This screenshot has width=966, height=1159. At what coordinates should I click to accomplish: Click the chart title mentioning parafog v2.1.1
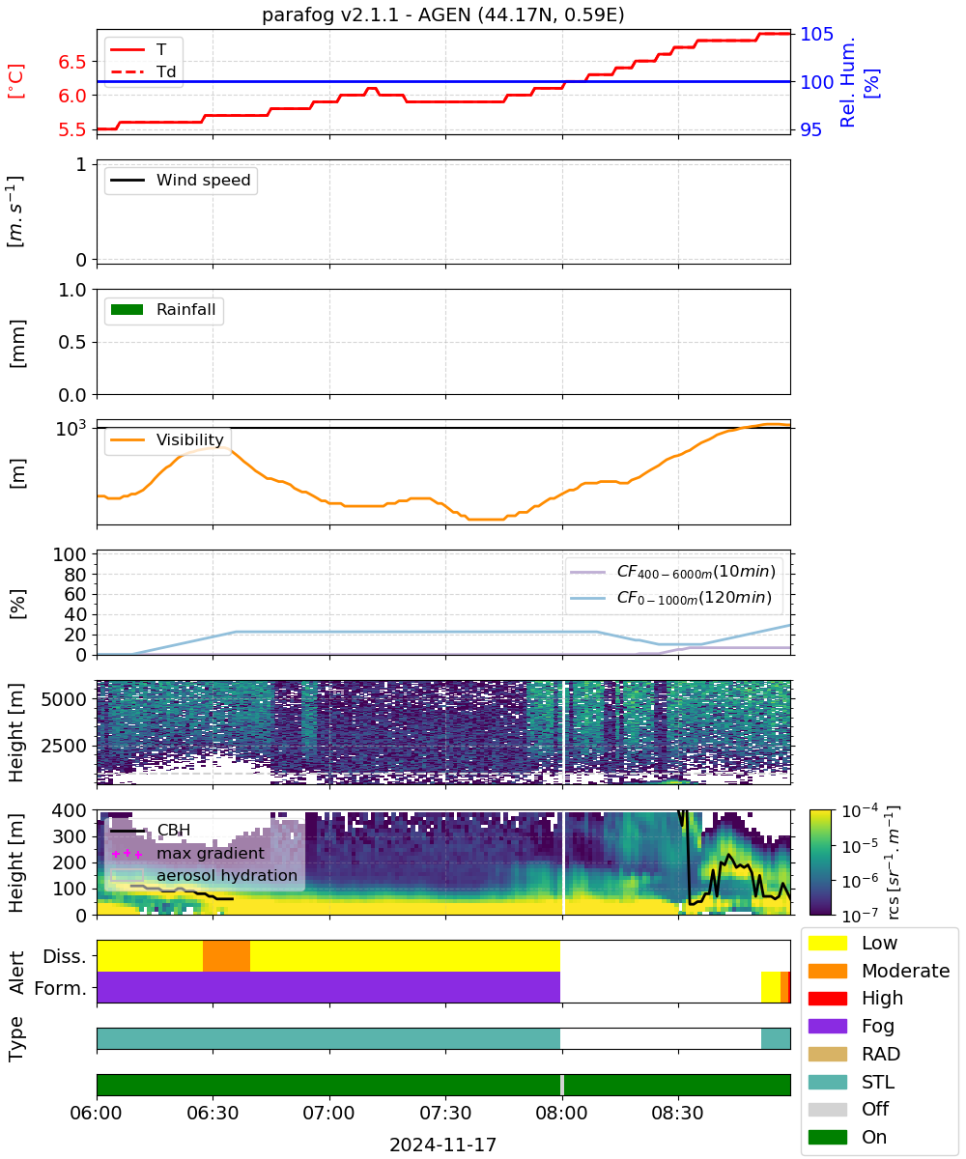click(x=443, y=14)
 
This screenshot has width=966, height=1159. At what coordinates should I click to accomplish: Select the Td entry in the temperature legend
click(x=143, y=71)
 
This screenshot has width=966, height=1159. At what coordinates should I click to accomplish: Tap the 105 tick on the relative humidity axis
click(x=816, y=34)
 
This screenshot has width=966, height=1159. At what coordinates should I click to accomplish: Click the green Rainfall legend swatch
click(x=128, y=310)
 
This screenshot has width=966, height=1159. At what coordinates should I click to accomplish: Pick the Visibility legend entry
click(x=167, y=439)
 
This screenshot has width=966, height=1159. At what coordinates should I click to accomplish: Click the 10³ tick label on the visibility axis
click(x=71, y=428)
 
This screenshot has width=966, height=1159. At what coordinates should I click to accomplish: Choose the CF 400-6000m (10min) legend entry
click(x=672, y=572)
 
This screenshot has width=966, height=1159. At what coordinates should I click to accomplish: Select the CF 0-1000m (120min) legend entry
click(x=670, y=598)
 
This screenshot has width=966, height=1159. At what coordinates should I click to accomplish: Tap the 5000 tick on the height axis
click(x=64, y=699)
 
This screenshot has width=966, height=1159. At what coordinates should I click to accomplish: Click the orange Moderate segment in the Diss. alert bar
click(x=226, y=956)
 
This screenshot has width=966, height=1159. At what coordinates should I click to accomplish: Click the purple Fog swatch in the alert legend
click(x=828, y=1026)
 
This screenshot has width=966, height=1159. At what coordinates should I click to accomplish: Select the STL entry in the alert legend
click(x=878, y=1082)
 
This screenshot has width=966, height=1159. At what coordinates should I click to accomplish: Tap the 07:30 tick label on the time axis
click(x=445, y=1113)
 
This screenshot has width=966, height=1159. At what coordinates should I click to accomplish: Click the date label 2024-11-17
click(x=443, y=1145)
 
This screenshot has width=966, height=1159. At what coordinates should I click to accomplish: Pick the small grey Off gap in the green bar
click(x=562, y=1085)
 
